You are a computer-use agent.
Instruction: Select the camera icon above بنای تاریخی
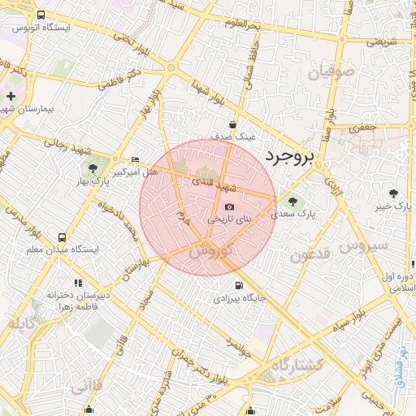coord(229,207)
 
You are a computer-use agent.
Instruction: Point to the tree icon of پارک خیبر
coord(394,193)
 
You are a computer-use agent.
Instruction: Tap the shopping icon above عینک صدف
coord(233,125)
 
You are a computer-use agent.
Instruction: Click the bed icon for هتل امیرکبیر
coord(135,159)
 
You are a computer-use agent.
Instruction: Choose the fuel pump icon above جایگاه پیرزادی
coord(238,285)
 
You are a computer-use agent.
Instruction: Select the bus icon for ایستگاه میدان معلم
coord(63,237)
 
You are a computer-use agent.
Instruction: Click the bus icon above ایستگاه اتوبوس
coord(41,15)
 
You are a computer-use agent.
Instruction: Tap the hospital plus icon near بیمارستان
coord(10,96)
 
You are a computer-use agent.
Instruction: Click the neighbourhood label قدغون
coord(310,254)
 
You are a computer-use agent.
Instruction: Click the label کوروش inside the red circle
coord(210,251)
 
